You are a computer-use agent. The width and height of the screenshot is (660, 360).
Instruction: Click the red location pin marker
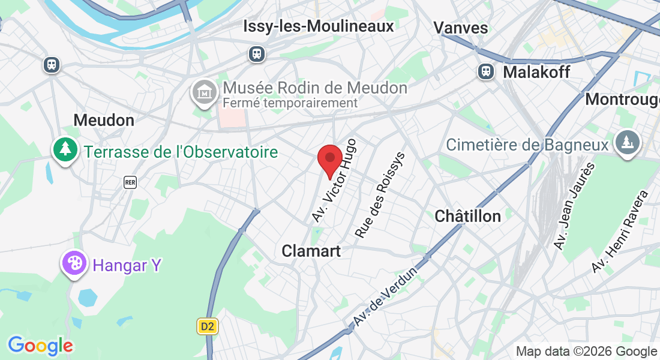[x=329, y=159]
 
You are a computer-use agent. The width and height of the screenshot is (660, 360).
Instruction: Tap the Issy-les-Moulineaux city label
[x=319, y=26]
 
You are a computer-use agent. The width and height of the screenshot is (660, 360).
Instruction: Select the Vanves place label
[x=460, y=28]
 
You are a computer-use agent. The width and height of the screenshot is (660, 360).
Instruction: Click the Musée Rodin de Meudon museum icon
[x=204, y=93]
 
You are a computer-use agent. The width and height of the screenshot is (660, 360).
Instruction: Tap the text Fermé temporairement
[x=290, y=103]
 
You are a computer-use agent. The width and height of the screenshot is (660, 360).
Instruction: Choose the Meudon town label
[x=104, y=120]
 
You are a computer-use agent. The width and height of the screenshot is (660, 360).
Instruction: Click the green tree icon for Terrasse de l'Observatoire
[x=65, y=149]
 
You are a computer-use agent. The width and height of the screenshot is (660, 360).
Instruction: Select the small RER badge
[x=130, y=182]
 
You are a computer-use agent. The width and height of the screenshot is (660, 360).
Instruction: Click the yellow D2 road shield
[x=207, y=327]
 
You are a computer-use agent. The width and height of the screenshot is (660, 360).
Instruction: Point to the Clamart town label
[x=311, y=251]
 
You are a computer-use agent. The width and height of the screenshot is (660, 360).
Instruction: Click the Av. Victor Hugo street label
[x=334, y=181]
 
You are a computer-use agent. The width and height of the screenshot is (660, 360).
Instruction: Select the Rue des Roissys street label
[x=380, y=195]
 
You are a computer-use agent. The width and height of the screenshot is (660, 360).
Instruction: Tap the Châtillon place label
[x=467, y=216]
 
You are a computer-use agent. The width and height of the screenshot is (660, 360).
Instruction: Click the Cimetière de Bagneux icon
[x=628, y=142]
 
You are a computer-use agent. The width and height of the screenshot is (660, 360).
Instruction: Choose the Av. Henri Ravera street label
[x=620, y=232]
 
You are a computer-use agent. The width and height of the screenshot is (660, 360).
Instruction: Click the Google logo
[x=40, y=346]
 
